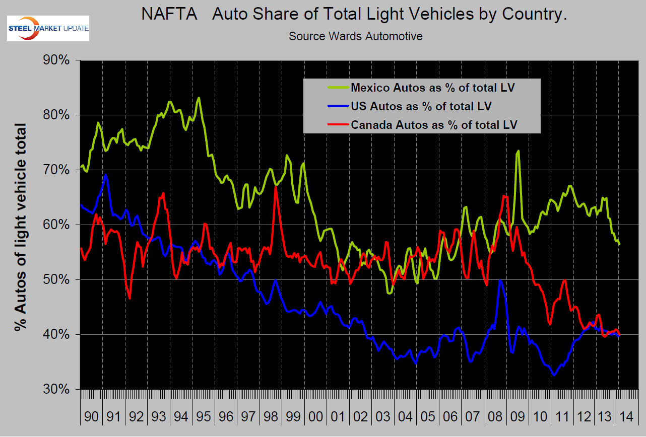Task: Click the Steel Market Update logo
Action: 47,29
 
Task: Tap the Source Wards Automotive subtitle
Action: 355,36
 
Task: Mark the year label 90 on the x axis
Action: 91,417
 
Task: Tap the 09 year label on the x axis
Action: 518,417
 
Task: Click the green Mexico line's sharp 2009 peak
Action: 518,151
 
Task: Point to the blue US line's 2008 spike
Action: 499,280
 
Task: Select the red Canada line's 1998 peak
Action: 276,187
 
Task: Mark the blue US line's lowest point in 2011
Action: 554,375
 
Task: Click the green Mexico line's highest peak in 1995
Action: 200,98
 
